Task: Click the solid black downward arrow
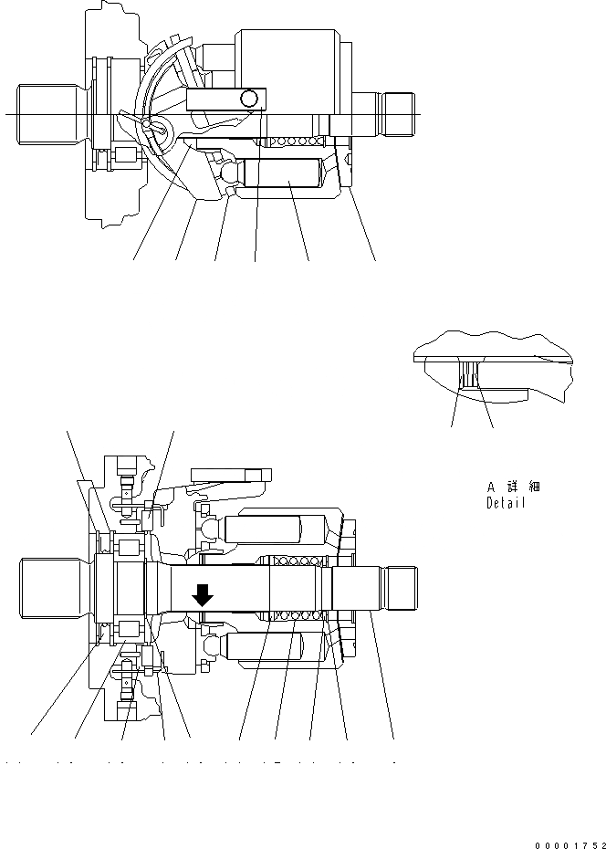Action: (203, 596)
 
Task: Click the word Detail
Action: (507, 503)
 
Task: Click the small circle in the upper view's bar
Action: (248, 98)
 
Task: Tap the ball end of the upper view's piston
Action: (229, 171)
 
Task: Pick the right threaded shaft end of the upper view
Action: (398, 113)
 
